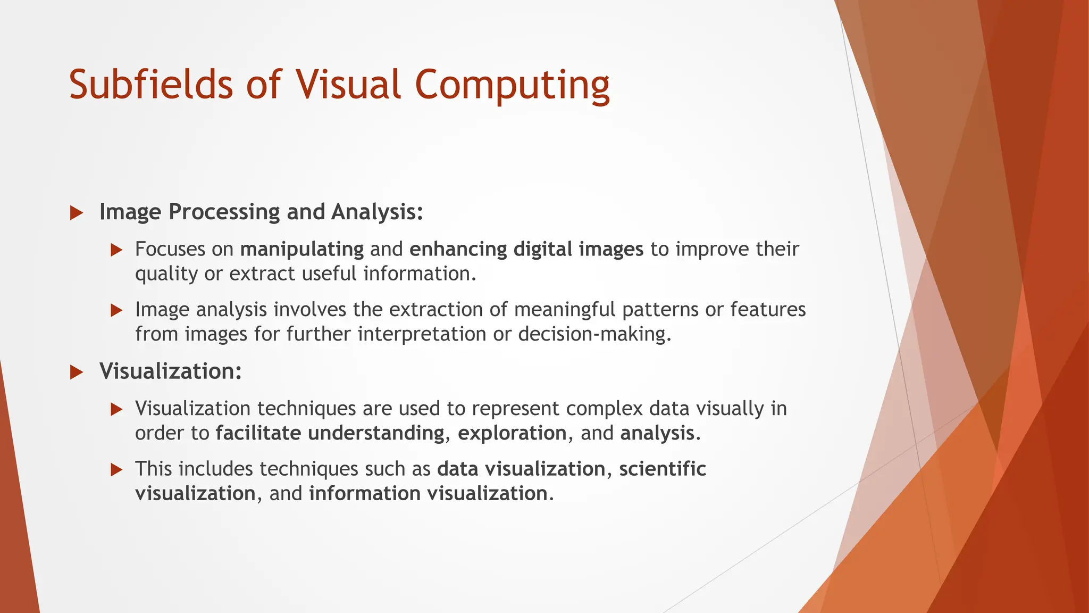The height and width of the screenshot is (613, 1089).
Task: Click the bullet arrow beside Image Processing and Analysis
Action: (77, 213)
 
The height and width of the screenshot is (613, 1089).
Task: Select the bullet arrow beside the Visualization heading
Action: (77, 372)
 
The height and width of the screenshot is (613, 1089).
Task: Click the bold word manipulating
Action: (302, 249)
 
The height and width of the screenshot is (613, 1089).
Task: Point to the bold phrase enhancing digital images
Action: (526, 249)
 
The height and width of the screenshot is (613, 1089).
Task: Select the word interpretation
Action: (422, 334)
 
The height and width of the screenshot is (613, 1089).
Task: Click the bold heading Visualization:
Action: (171, 371)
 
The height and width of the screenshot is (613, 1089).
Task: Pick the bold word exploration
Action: (512, 433)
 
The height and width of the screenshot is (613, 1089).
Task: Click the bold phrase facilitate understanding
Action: (330, 433)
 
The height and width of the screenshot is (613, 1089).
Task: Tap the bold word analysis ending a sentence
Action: (657, 433)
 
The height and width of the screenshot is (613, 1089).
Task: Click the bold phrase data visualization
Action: (521, 469)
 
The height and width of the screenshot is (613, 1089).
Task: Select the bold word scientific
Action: (663, 469)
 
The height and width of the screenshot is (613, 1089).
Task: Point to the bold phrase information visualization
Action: (428, 493)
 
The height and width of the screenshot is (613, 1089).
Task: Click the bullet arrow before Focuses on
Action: (116, 250)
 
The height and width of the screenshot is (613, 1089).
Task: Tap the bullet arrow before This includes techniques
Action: (116, 470)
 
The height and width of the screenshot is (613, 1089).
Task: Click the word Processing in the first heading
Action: (224, 212)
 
